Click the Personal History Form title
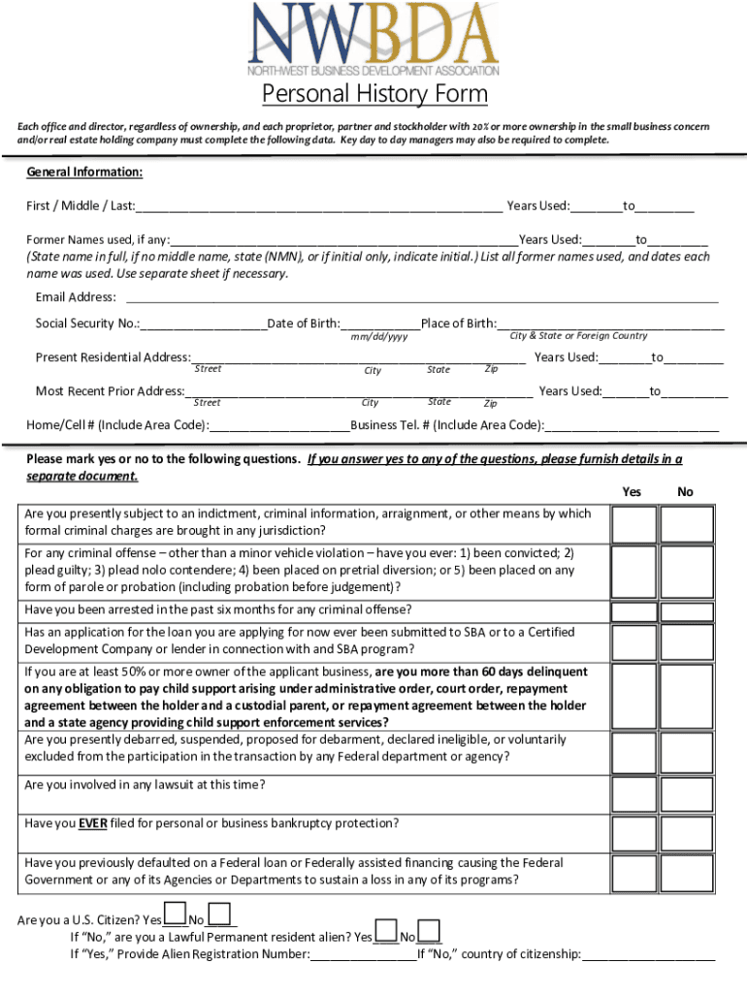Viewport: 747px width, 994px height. (x=374, y=95)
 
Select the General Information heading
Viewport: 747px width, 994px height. (x=84, y=172)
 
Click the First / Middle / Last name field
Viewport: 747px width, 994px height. (x=319, y=206)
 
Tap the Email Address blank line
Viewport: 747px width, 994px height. (x=422, y=297)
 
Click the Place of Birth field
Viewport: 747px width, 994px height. (x=610, y=323)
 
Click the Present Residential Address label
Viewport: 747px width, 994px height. (x=113, y=357)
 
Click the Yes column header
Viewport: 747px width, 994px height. (x=632, y=492)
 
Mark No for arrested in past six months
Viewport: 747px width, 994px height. (x=686, y=610)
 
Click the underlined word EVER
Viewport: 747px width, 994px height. (x=93, y=824)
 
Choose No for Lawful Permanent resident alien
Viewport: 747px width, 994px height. (x=429, y=932)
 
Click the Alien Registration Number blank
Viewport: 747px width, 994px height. (x=363, y=954)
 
